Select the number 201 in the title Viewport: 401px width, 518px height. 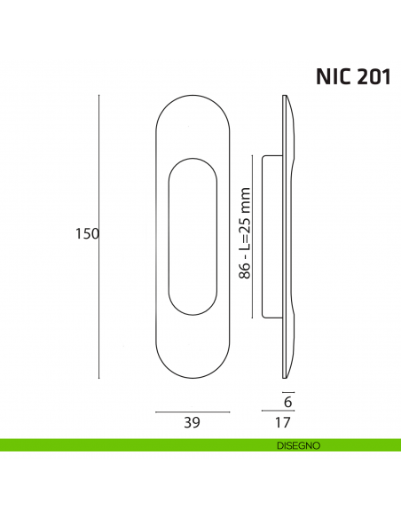point(372,76)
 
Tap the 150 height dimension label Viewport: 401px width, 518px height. point(86,234)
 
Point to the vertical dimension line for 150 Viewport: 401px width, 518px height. point(98,234)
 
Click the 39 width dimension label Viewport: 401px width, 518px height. point(191,424)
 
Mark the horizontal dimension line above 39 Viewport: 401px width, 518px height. point(193,412)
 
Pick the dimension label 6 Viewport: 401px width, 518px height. point(287,402)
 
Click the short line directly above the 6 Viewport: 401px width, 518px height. point(287,390)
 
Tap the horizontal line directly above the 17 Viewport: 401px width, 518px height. point(278,412)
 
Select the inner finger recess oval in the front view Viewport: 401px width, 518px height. point(193,235)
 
